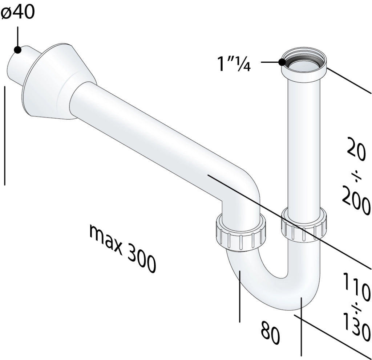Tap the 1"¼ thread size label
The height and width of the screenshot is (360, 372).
coord(234,64)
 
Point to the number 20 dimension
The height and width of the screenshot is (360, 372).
coord(356,148)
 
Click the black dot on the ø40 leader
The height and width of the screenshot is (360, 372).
coord(17,50)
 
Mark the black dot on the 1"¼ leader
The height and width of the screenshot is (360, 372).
coord(282,62)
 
